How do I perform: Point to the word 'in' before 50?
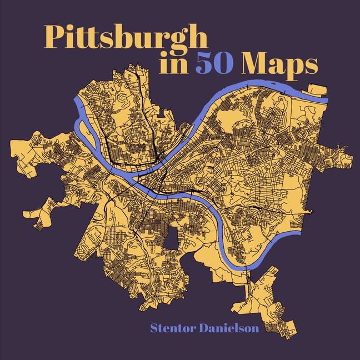(172, 64)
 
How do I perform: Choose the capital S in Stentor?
(154, 328)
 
